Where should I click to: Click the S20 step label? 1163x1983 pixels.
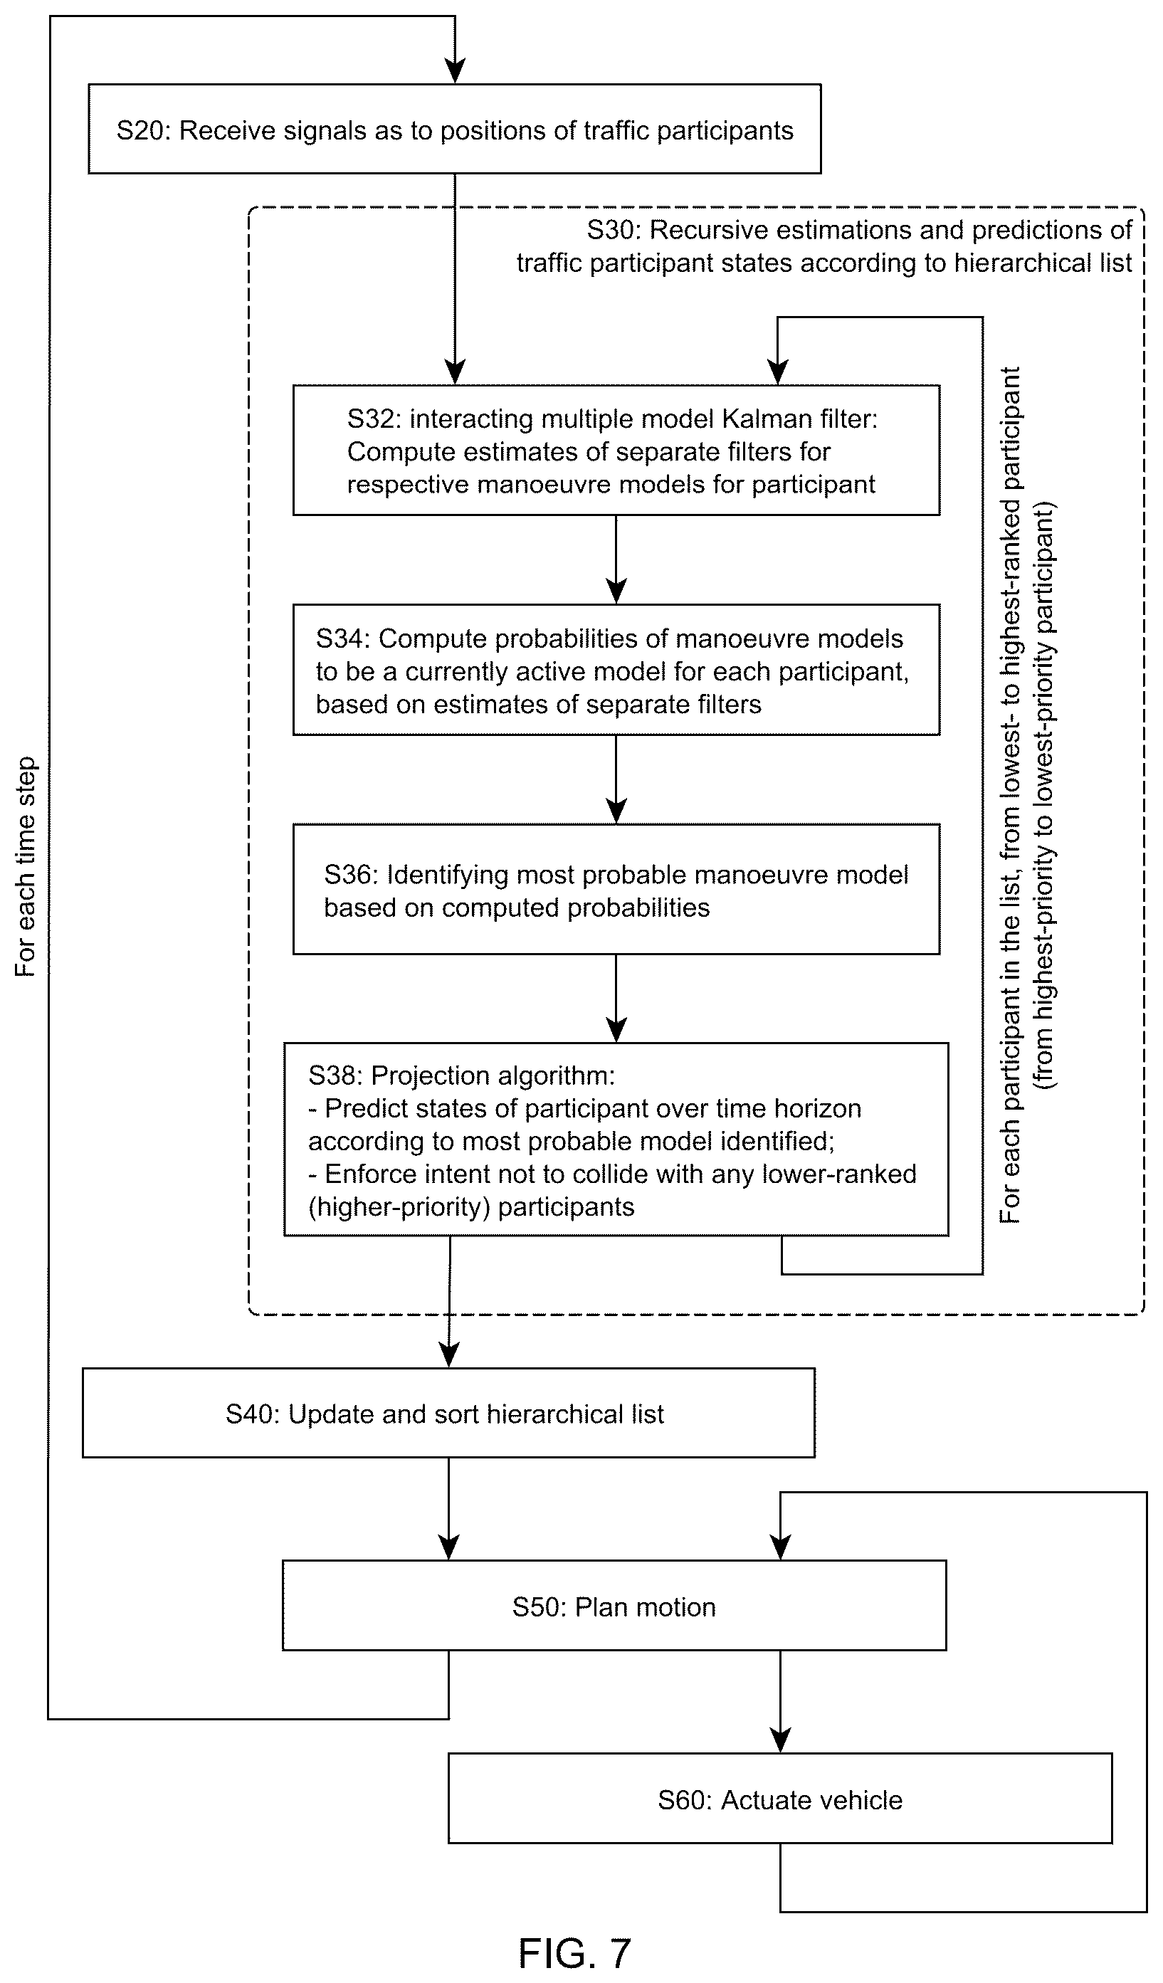(142, 131)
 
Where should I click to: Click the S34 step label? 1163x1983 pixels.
(342, 639)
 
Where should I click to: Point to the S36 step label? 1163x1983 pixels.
(351, 875)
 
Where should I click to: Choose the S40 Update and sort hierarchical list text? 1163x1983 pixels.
(445, 1414)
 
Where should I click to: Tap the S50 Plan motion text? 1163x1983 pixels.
(614, 1607)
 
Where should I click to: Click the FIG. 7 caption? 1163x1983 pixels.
(574, 1953)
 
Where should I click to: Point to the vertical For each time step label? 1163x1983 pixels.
(26, 867)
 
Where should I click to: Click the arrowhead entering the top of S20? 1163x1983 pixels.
(455, 71)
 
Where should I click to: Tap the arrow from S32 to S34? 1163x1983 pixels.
(616, 559)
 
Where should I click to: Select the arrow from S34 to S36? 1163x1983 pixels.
(616, 779)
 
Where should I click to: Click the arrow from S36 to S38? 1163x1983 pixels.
(616, 999)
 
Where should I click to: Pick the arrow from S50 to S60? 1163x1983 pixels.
(780, 1701)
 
